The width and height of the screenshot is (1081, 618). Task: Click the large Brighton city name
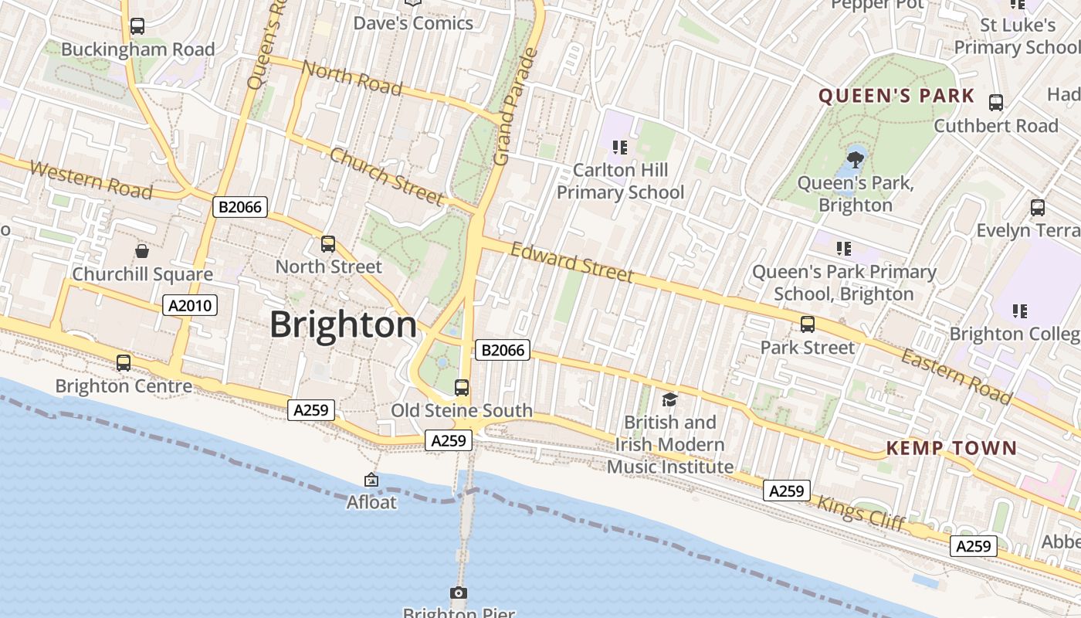[343, 324]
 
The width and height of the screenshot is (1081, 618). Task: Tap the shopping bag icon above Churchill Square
[142, 251]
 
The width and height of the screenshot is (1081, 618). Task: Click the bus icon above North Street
[328, 244]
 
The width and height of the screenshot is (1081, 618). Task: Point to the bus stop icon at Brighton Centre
[124, 362]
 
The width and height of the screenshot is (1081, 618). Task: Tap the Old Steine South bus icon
[462, 387]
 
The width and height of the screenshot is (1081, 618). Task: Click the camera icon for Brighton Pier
[459, 593]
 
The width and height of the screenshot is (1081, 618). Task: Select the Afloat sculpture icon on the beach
[371, 480]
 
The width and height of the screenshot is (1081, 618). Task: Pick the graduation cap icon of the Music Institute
[669, 399]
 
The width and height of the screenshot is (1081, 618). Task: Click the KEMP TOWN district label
[951, 448]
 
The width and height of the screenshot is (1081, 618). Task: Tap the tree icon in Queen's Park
[855, 160]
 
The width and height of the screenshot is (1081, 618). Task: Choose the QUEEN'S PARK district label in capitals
[896, 97]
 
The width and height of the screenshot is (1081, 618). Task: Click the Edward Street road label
[572, 263]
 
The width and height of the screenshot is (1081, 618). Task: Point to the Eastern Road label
[956, 376]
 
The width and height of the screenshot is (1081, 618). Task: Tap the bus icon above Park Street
[807, 324]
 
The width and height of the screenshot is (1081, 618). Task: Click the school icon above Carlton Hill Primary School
[619, 147]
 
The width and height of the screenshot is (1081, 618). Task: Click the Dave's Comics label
[413, 23]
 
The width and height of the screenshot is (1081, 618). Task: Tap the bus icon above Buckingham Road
[137, 26]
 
